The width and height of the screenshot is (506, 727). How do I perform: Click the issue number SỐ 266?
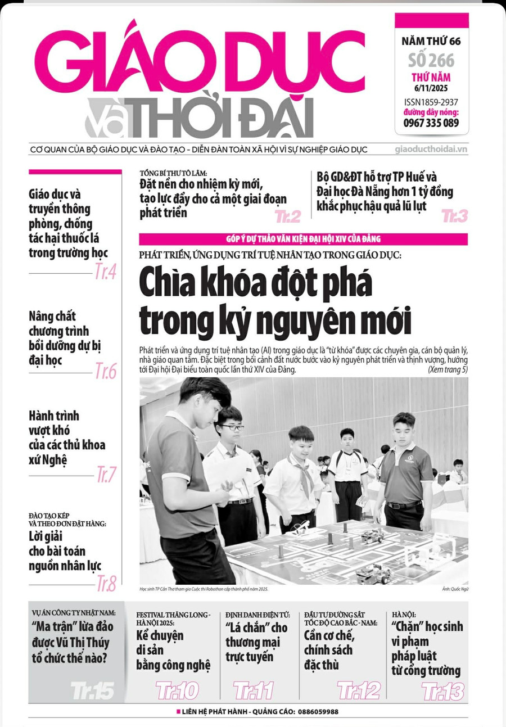pos(431,60)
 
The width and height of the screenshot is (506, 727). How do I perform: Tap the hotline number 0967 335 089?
pos(431,123)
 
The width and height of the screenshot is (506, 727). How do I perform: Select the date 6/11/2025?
pos(431,88)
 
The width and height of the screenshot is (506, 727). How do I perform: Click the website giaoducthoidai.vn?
pos(431,150)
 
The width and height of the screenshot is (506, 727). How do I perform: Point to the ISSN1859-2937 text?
pos(431,102)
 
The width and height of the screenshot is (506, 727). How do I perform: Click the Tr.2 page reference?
pos(287,216)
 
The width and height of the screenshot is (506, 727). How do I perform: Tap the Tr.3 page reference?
pos(454,215)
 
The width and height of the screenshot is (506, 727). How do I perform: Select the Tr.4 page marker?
pos(105,272)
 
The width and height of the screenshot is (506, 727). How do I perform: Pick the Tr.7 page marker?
pos(105,475)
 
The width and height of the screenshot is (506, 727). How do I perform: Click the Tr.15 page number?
pos(92,690)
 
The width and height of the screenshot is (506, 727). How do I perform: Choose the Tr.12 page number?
pos(358,690)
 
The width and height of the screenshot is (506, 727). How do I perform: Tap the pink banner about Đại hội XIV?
pos(303,239)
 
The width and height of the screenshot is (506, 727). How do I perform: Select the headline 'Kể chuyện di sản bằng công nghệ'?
pos(173,651)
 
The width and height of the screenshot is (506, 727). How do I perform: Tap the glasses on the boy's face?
pos(231,427)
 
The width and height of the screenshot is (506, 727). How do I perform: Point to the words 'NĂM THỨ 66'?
pos(431,41)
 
